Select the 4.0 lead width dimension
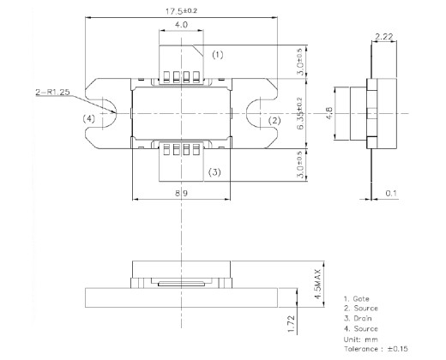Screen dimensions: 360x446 181,26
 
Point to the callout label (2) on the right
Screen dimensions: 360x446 275,121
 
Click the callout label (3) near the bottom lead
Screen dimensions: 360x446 214,171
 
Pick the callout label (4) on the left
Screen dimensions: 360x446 89,118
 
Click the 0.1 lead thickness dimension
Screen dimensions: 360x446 391,194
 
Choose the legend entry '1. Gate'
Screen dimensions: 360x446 358,297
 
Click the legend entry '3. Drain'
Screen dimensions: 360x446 359,318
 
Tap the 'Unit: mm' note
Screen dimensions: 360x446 361,339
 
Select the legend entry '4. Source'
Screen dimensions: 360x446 361,328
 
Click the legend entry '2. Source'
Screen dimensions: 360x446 361,308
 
